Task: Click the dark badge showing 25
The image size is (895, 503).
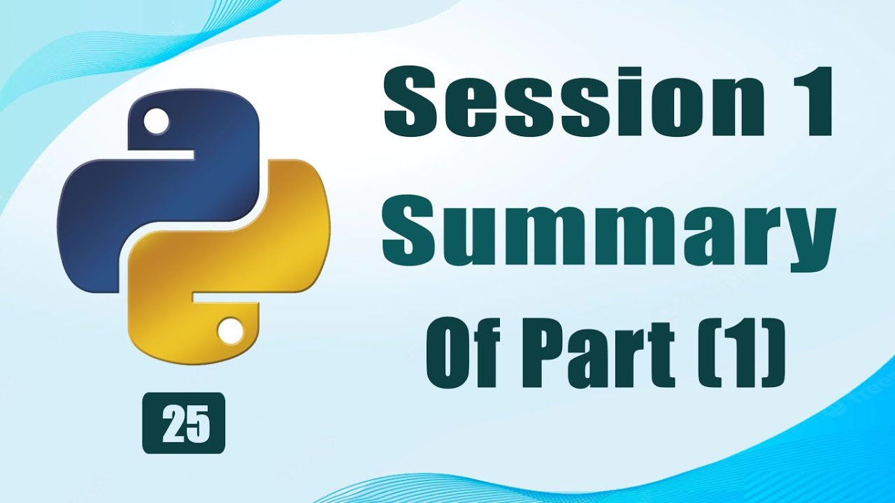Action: [x=184, y=423]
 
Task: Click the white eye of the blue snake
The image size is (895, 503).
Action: [x=155, y=122]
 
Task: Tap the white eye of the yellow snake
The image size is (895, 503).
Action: [x=231, y=330]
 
